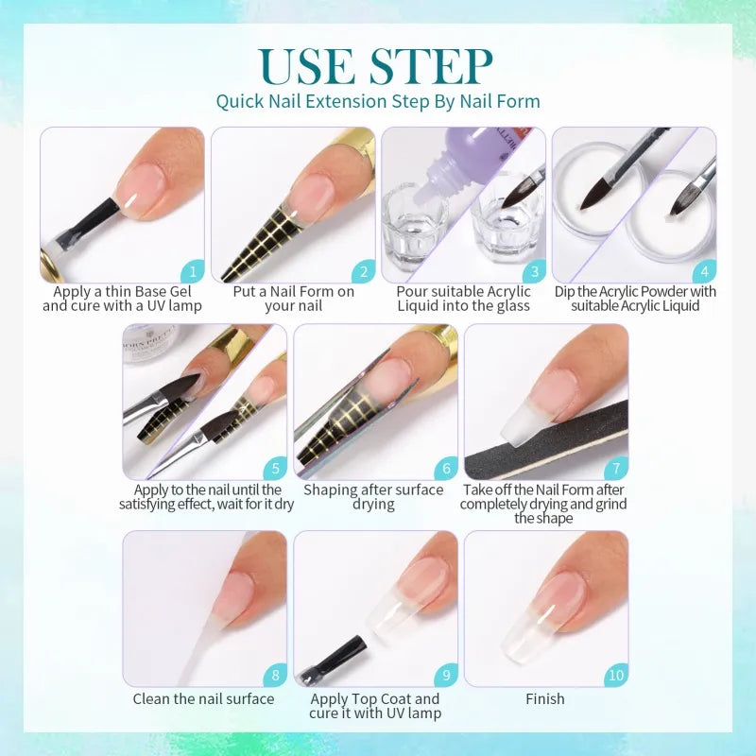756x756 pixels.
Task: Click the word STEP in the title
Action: tap(432, 66)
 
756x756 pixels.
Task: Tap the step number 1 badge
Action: tap(193, 271)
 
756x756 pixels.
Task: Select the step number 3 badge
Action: tap(534, 271)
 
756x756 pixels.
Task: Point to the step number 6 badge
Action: tap(446, 468)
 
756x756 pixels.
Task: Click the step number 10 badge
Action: tap(616, 675)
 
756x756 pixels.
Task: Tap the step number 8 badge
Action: tap(275, 675)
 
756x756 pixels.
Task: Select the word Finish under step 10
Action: tap(545, 698)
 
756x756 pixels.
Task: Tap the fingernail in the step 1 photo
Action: tap(144, 186)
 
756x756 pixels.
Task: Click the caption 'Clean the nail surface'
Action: tap(203, 698)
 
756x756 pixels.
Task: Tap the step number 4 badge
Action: tap(704, 271)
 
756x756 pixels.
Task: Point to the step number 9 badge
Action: tap(446, 675)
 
